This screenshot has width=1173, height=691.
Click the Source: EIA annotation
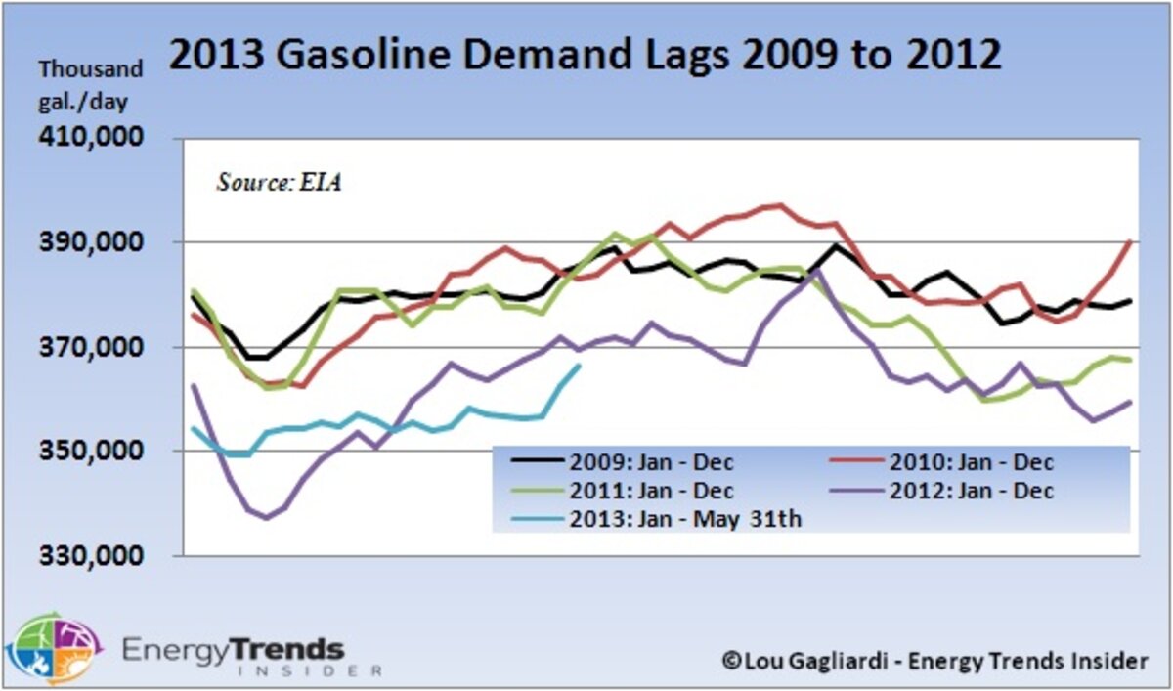[279, 182]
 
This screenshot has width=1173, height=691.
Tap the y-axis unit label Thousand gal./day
[90, 85]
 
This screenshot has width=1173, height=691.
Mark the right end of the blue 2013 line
[580, 366]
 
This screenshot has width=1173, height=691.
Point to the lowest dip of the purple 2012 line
[266, 518]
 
